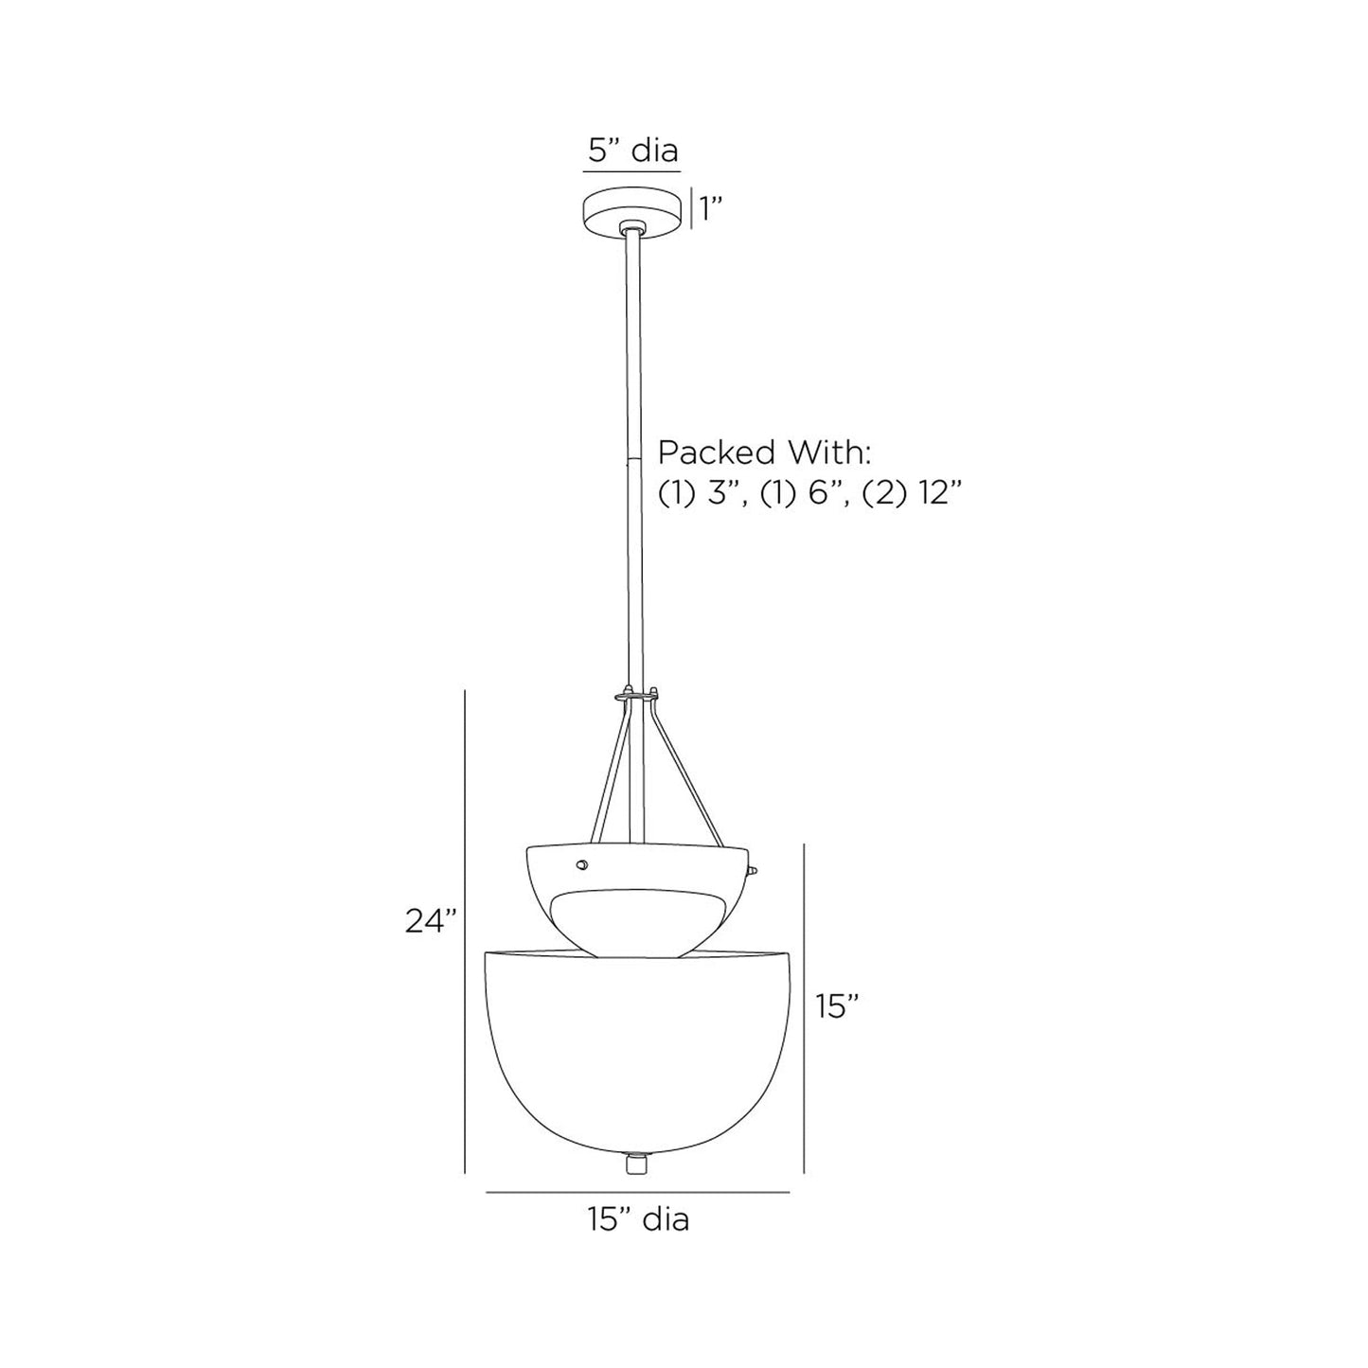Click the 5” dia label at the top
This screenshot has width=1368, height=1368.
(x=633, y=151)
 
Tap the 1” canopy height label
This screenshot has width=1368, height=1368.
(x=711, y=209)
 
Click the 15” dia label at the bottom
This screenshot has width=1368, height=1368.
(x=638, y=1219)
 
